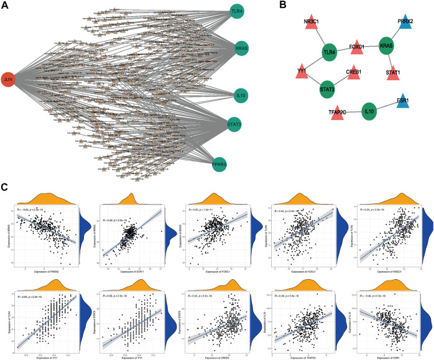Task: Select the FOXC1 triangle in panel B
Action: click(356, 45)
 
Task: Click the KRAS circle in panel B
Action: click(387, 47)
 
